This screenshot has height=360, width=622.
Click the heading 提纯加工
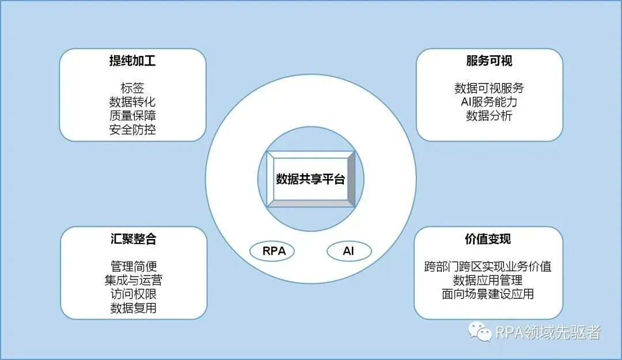(132, 62)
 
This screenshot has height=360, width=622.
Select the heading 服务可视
(489, 62)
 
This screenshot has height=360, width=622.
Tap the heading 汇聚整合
(133, 240)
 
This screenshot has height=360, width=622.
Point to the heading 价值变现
(488, 240)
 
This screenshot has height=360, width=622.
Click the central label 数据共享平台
(310, 179)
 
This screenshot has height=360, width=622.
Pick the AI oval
(349, 251)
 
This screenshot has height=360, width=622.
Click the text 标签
(132, 88)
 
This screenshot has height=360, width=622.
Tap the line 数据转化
(132, 102)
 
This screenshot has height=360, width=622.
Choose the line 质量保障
(132, 116)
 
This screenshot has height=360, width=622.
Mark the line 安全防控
(132, 130)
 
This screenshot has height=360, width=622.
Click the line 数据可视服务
(489, 88)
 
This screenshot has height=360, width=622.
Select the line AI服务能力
(489, 102)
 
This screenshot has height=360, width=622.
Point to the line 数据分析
(489, 116)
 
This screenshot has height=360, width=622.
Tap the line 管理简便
(133, 267)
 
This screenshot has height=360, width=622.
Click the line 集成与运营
(133, 281)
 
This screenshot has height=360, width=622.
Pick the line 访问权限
(133, 294)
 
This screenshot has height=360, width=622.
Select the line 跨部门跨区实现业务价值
(488, 267)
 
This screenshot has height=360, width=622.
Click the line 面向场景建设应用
(488, 294)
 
